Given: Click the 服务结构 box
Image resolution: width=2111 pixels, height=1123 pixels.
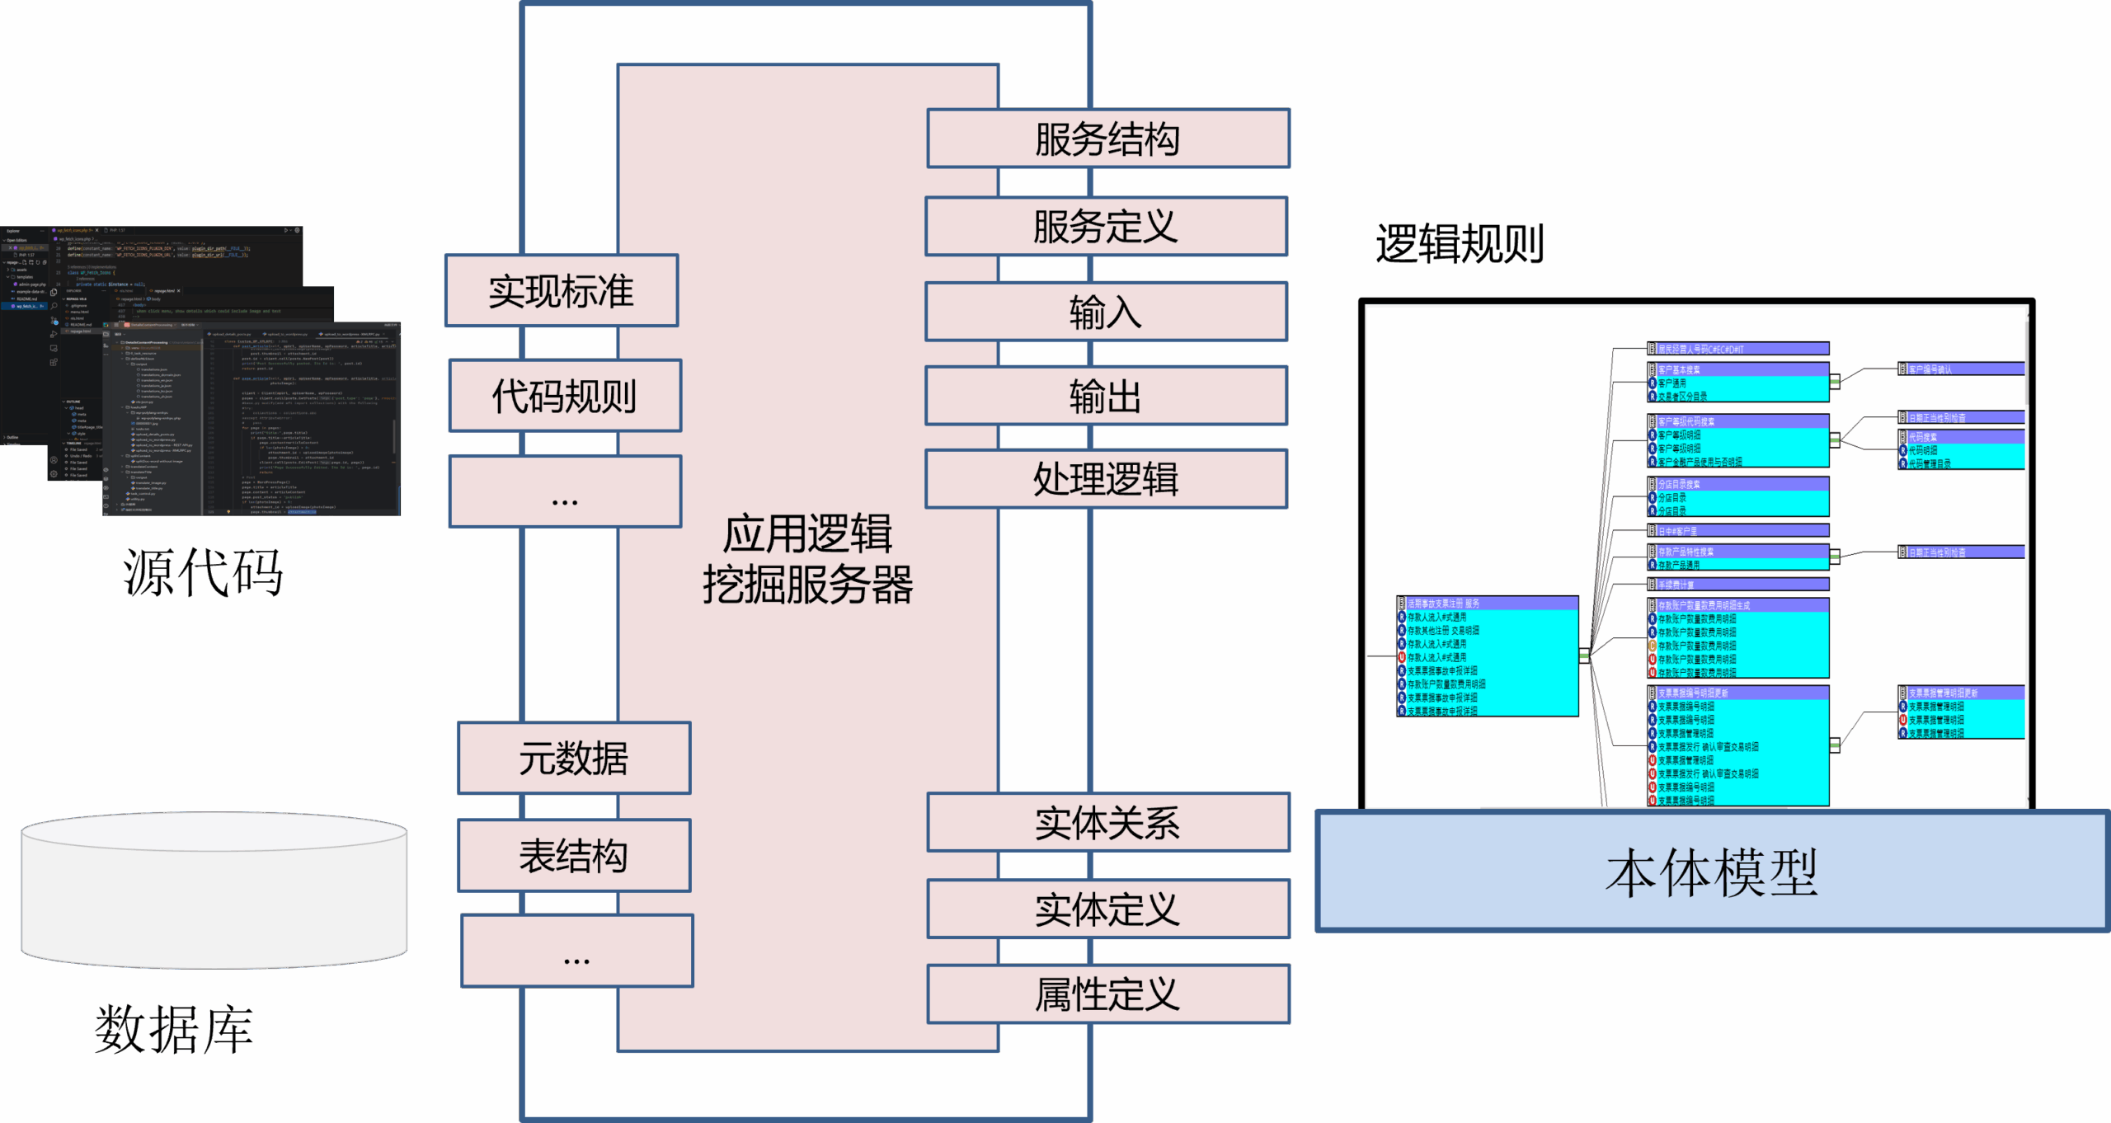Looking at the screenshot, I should [1107, 139].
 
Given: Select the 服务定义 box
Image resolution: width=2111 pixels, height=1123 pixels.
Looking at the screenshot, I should [1106, 226].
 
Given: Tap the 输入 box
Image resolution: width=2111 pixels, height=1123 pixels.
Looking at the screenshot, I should [1106, 312].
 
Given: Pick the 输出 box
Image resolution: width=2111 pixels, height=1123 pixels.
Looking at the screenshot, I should [1106, 396].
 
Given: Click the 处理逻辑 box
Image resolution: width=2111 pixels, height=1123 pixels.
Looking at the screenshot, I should [1106, 478].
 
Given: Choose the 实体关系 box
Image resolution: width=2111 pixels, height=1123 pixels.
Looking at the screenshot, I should [1107, 822].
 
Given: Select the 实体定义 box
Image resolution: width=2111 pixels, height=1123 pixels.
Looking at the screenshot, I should [1107, 909].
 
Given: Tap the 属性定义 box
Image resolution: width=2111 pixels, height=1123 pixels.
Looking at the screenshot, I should [1107, 994].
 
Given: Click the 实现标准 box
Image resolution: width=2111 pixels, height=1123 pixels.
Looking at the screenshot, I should [562, 291].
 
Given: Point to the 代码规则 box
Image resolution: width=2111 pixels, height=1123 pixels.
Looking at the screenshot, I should [565, 396].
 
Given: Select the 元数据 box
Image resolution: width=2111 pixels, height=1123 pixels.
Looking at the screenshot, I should [574, 758].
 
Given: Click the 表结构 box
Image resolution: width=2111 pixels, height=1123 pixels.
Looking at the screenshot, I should [574, 855].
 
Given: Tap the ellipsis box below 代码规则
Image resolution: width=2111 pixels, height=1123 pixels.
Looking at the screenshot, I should [565, 492].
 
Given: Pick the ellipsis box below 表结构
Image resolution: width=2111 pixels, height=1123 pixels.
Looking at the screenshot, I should [576, 951].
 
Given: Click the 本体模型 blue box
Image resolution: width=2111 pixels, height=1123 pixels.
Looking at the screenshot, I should [1712, 872].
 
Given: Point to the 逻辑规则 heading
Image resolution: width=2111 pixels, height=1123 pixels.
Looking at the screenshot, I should [1459, 244].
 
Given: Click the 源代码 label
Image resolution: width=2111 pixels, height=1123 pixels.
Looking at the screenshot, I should [203, 572].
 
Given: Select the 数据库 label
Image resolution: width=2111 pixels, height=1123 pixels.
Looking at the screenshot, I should [174, 1029].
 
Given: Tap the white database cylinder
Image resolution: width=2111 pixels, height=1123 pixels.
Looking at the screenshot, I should [214, 890].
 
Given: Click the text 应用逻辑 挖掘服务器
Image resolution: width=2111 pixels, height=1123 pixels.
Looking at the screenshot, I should [807, 559].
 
